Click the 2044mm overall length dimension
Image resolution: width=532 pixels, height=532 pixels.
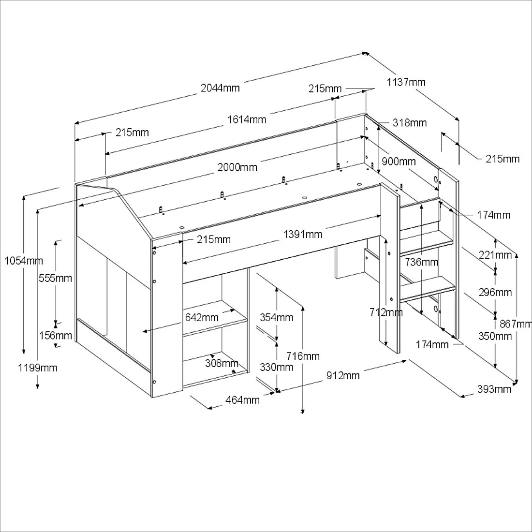coord(220,88)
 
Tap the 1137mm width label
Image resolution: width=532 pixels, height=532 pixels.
coord(406,82)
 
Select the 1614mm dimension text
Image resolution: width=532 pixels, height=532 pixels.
coord(247,119)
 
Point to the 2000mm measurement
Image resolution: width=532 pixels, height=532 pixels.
coord(237,167)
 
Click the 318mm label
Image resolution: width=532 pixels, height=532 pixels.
coord(410,123)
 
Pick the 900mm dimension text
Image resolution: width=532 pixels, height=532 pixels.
coord(399,161)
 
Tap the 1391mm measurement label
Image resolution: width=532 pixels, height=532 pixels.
coord(303,235)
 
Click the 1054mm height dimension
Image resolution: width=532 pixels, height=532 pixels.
coord(24,261)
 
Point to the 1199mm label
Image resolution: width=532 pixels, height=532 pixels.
coord(38,368)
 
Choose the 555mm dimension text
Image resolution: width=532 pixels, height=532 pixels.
coord(56,278)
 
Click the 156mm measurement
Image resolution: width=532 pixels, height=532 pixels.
coord(56,336)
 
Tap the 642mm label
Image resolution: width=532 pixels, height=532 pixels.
coord(202,318)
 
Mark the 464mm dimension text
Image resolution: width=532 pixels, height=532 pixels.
coord(242,400)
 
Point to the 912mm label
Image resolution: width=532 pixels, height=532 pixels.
coord(342,375)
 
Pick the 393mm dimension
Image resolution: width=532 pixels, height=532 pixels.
coord(494,389)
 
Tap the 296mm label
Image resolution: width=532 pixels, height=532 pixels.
coord(495,292)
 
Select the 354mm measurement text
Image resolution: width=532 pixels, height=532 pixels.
coord(277,318)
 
